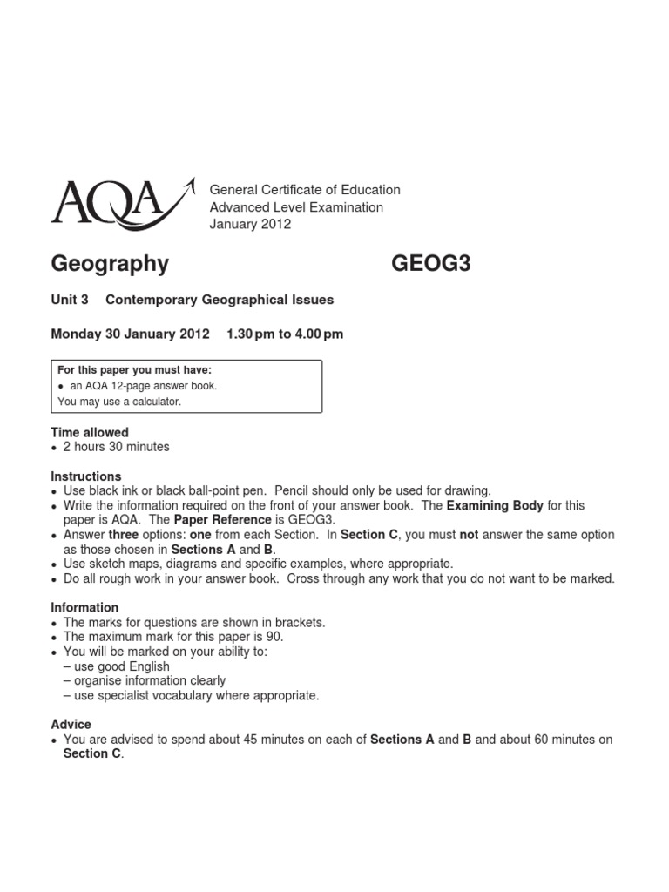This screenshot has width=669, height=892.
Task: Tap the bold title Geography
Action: [x=110, y=263]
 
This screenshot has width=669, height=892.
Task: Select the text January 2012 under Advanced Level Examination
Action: [x=250, y=224]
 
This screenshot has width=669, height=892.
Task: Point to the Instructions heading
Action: [x=86, y=476]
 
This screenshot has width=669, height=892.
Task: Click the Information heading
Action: [x=84, y=607]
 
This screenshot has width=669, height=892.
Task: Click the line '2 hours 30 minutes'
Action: [x=117, y=447]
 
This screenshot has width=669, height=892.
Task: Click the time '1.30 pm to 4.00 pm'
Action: [x=285, y=334]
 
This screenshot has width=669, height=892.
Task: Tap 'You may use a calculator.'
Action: [x=119, y=402]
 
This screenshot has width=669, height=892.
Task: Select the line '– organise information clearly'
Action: [x=145, y=680]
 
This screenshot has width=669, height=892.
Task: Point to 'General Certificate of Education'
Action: [x=305, y=189]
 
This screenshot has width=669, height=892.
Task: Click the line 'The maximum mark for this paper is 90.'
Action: [x=173, y=637]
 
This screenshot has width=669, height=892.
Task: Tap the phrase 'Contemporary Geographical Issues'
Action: [x=220, y=300]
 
